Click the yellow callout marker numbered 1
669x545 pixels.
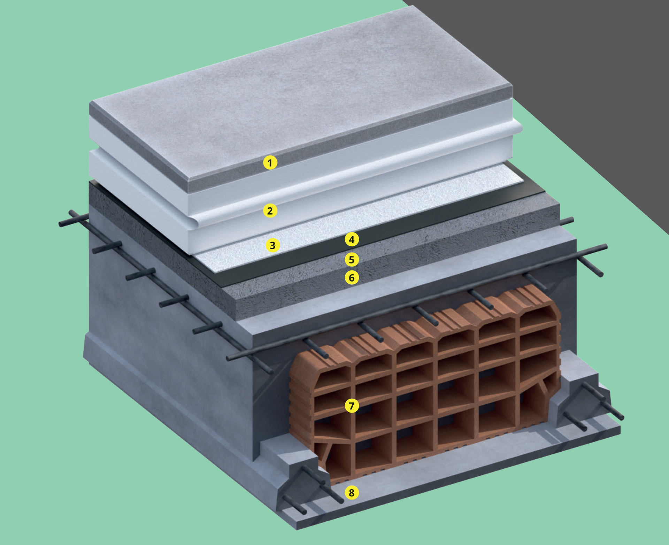tap(270, 162)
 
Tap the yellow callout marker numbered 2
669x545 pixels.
tap(270, 211)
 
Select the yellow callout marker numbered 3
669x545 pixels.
tap(273, 245)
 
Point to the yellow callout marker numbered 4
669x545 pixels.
tap(352, 239)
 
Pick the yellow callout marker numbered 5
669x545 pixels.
tap(352, 260)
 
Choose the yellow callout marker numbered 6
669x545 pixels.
tap(352, 278)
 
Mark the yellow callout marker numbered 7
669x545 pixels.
tap(352, 406)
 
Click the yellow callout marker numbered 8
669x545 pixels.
tap(352, 493)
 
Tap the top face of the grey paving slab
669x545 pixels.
tap(300, 94)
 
